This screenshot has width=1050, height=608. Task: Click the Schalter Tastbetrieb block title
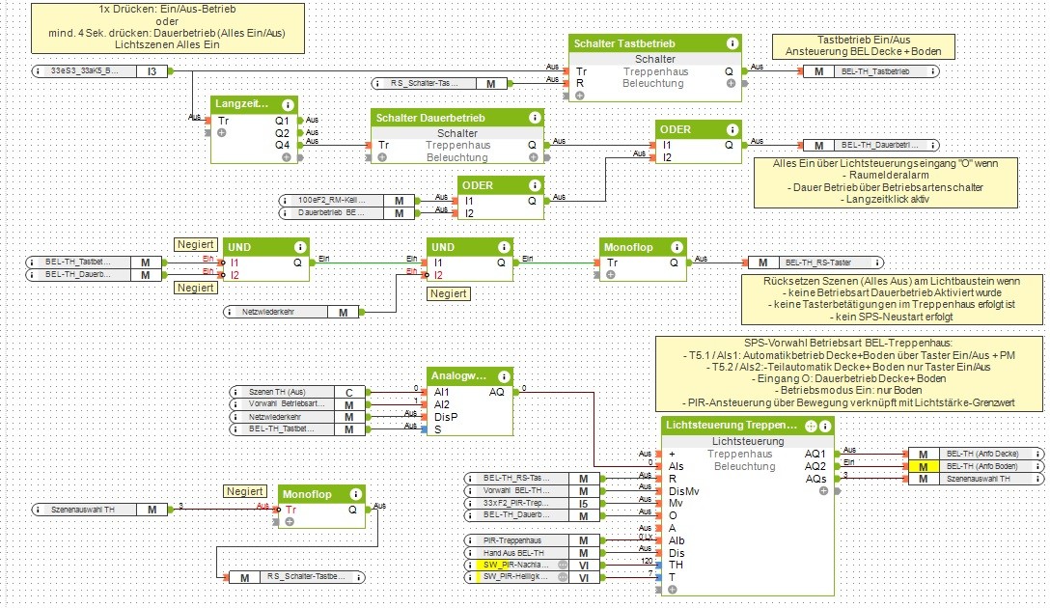623,43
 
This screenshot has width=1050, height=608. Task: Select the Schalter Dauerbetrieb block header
430,117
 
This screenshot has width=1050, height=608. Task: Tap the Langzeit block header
242,103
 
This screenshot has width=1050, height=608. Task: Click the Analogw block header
459,375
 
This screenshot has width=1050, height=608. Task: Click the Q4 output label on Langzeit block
282,145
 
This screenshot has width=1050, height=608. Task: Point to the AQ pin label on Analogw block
496,392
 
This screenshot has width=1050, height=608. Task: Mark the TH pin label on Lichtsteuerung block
675,564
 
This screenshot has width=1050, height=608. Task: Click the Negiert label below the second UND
449,293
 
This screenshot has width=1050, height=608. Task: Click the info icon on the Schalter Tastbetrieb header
732,43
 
